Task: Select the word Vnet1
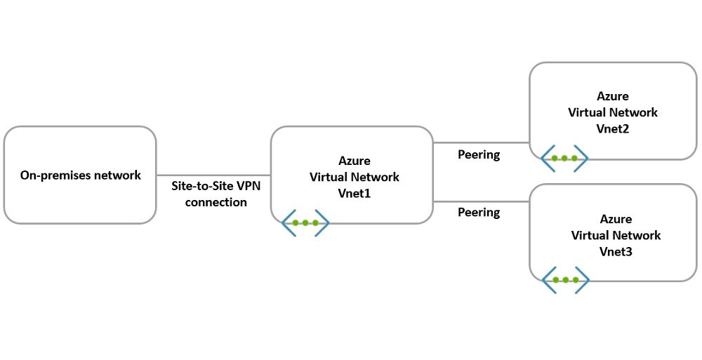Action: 354,192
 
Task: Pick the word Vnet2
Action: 613,128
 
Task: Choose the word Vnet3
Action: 616,251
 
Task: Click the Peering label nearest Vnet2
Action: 479,154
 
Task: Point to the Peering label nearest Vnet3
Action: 479,212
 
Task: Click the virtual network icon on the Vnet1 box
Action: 305,223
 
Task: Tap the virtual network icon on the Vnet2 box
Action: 564,159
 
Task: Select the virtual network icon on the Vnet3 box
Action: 565,280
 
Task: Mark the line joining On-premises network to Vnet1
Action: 213,175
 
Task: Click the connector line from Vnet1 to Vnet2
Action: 480,143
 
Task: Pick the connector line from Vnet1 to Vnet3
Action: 480,201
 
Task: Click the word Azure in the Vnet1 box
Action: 354,161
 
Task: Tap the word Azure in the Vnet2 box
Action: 613,97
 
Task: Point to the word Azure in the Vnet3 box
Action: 616,220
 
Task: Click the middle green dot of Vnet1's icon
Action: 305,223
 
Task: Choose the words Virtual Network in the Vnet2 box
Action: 613,112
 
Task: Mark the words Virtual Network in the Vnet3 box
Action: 616,236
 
